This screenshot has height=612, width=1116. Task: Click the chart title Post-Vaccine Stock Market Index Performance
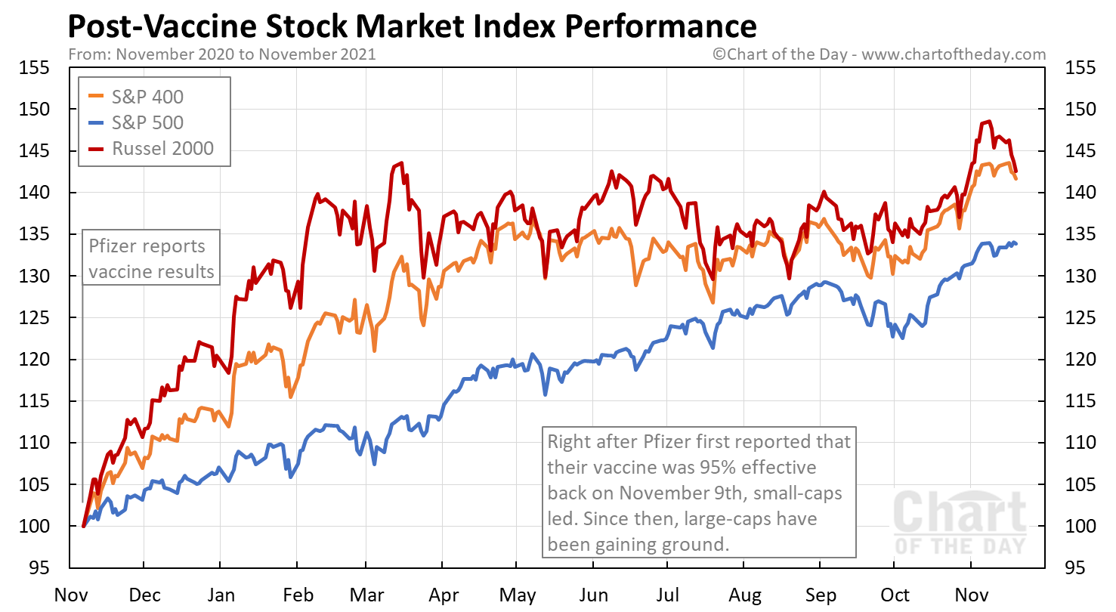[412, 26]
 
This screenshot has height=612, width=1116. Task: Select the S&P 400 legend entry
[147, 97]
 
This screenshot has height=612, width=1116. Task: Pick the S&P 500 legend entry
[147, 122]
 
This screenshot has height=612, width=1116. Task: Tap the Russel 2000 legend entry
[162, 148]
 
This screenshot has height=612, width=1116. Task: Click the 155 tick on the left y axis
[35, 68]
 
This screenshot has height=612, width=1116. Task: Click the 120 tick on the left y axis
[35, 360]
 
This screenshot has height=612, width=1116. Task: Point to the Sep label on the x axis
[821, 595]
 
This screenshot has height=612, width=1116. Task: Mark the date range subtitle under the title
[221, 54]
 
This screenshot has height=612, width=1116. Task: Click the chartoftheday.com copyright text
[879, 54]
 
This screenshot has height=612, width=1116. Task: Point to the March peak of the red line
[400, 162]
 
